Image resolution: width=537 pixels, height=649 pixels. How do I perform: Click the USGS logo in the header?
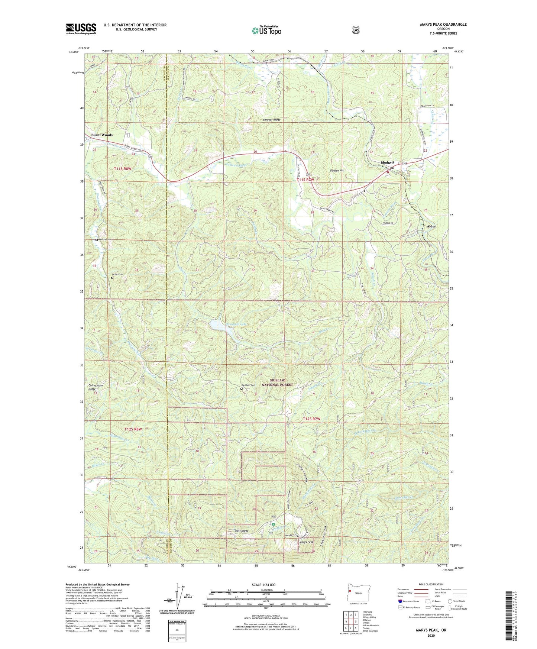tap(81, 29)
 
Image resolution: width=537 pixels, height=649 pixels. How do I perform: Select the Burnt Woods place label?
tap(102, 135)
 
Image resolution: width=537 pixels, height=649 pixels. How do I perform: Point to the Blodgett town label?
tap(387, 162)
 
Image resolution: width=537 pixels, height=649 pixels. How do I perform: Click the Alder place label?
tap(431, 226)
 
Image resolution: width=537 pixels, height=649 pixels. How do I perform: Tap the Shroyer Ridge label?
tap(272, 120)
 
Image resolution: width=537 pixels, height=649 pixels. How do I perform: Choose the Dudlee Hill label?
tap(337, 171)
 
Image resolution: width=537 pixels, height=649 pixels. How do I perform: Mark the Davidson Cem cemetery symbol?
tap(242, 388)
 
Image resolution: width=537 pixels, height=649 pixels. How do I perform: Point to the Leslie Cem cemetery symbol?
tap(113, 277)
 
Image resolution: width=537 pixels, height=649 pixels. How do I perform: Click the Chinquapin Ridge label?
tap(96, 387)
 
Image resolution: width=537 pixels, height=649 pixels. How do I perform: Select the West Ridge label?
tap(241, 531)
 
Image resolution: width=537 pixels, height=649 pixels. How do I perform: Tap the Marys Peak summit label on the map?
tap(306, 542)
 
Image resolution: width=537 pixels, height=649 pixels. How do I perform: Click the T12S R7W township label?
tap(311, 419)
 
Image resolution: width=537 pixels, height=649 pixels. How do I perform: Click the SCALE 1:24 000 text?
tap(263, 585)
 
